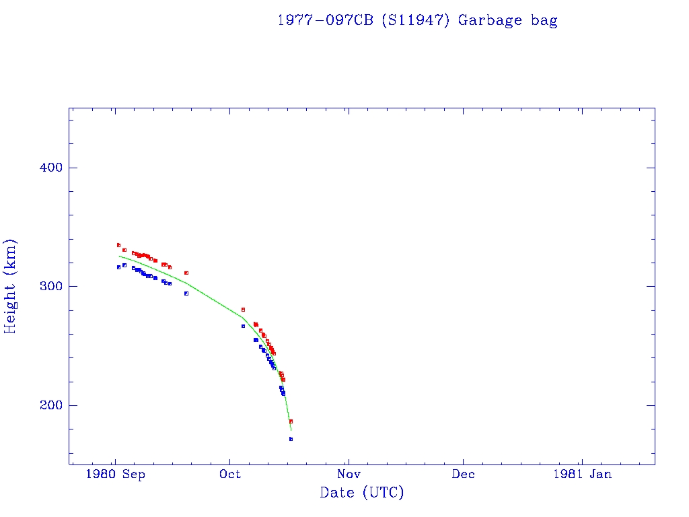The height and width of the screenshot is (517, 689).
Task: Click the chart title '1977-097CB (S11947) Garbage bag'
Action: (x=417, y=20)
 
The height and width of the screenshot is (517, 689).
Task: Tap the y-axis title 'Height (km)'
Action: (x=11, y=286)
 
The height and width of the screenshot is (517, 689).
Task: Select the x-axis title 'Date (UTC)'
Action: (x=362, y=493)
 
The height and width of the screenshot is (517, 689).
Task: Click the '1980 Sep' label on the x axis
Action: (x=116, y=474)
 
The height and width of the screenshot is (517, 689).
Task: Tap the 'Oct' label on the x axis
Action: (x=230, y=474)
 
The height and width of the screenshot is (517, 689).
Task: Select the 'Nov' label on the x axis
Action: (x=347, y=474)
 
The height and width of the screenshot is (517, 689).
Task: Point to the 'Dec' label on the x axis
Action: (x=463, y=474)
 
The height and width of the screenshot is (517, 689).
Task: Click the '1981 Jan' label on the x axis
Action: (x=582, y=474)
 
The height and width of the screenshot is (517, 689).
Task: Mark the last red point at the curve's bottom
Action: (x=291, y=421)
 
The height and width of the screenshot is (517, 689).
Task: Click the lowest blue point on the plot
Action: (x=291, y=439)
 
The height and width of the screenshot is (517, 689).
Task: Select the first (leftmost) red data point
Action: (x=118, y=245)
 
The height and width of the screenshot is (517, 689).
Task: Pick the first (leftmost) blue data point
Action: (x=118, y=267)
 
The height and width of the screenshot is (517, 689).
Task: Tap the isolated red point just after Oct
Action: (x=243, y=310)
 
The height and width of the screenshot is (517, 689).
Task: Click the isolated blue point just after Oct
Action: (x=243, y=326)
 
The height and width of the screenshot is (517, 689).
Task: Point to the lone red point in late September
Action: (x=186, y=273)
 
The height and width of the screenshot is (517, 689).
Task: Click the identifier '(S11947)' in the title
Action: (x=416, y=20)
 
